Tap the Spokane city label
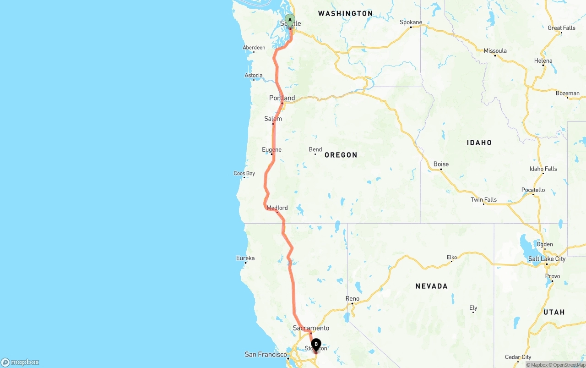click(411, 22)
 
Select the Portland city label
click(282, 98)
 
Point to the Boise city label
click(441, 164)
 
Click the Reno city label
click(352, 298)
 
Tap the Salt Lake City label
click(547, 259)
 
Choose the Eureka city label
click(245, 258)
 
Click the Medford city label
click(277, 208)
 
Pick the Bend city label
click(315, 149)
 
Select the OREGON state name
click(341, 155)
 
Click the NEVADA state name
click(431, 286)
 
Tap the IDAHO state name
click(479, 143)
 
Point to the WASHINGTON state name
click(345, 14)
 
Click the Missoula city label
click(495, 50)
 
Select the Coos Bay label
click(244, 173)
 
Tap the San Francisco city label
click(266, 354)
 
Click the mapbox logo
click(20, 362)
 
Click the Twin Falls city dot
click(483, 204)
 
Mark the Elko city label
click(452, 258)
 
